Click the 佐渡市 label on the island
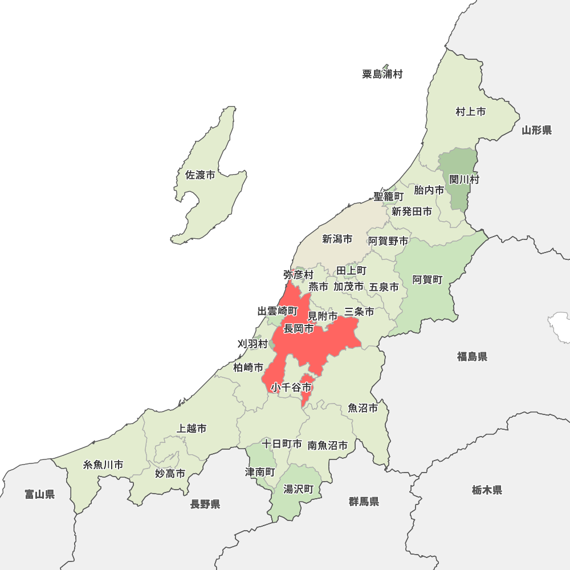pos(200,176)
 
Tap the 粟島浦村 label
pos(382,74)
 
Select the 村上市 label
pos(470,112)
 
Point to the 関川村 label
pos(464,180)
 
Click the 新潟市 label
pos(337,239)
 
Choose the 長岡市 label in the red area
pos(299,329)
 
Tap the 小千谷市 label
pos(291,388)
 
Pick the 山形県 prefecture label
pos(536,131)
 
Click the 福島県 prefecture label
pos(472,357)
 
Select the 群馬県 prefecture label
pos(364,502)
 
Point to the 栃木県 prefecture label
pos(487,490)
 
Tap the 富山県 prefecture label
pos(40,494)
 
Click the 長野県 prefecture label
pos(205,504)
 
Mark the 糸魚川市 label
pos(103,465)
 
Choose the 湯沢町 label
pos(299,489)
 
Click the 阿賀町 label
pos(427,280)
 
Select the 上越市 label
pos(192,429)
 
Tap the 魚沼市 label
pos(363,408)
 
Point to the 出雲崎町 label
pos(278,311)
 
